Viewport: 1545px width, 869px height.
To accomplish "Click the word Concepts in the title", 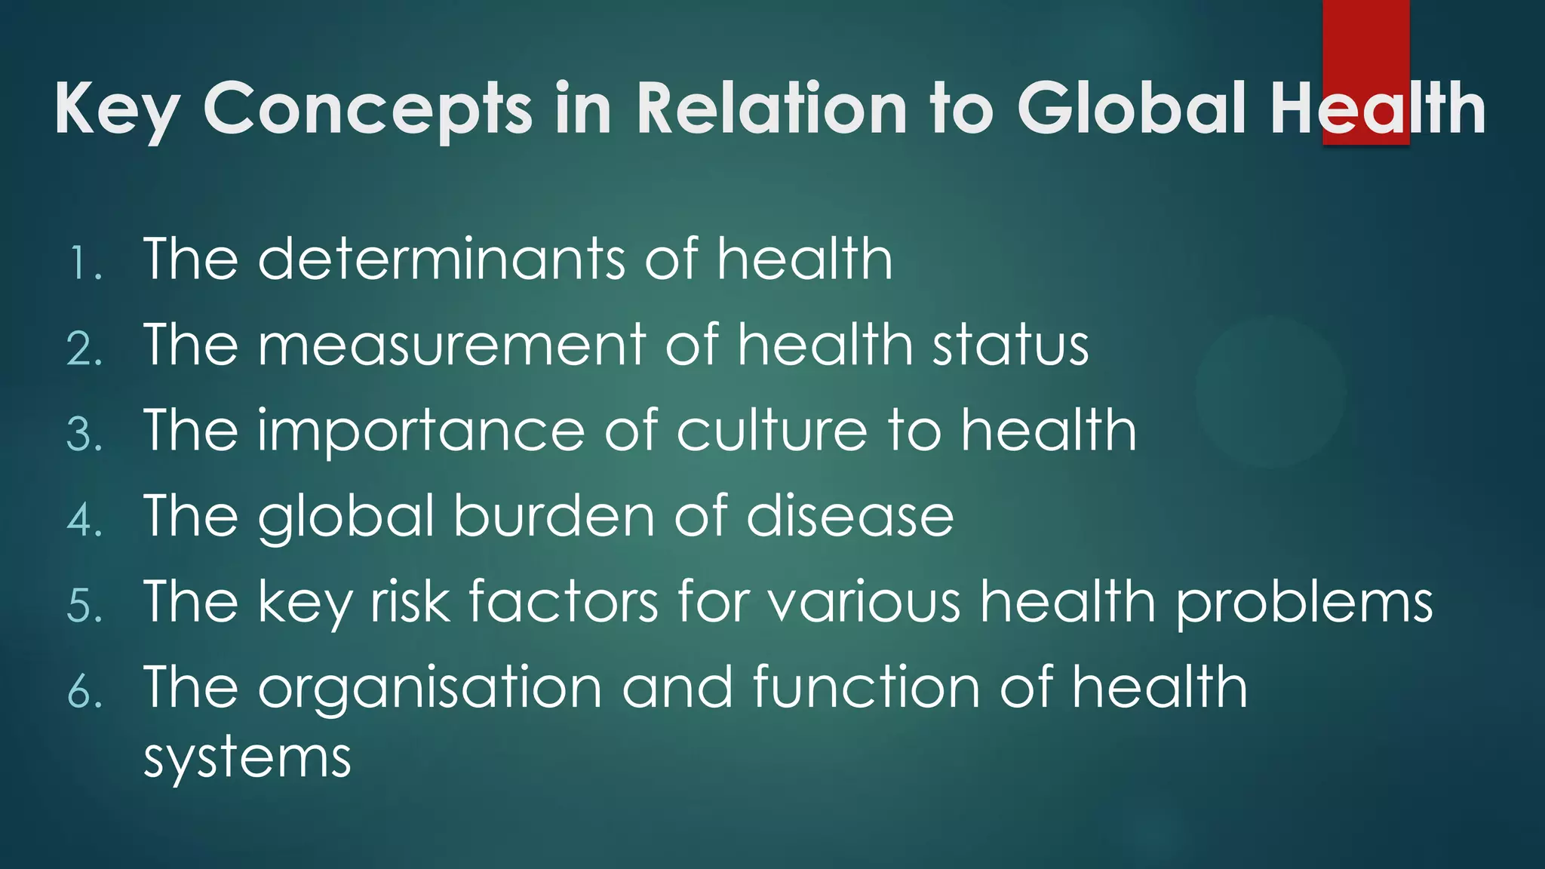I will coord(368,109).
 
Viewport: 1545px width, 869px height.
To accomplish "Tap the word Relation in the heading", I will coord(771,109).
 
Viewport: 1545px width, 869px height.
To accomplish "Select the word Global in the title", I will coord(1132,109).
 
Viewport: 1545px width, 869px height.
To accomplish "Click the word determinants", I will coord(441,259).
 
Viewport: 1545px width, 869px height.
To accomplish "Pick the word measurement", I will coord(452,345).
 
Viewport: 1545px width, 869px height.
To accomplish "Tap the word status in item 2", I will coord(1010,345).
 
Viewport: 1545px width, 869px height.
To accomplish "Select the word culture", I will coord(771,431).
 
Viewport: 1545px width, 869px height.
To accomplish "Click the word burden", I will coord(553,516).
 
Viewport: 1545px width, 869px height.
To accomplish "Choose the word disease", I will coord(849,516).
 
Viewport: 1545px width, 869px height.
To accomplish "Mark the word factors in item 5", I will coord(563,602).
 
